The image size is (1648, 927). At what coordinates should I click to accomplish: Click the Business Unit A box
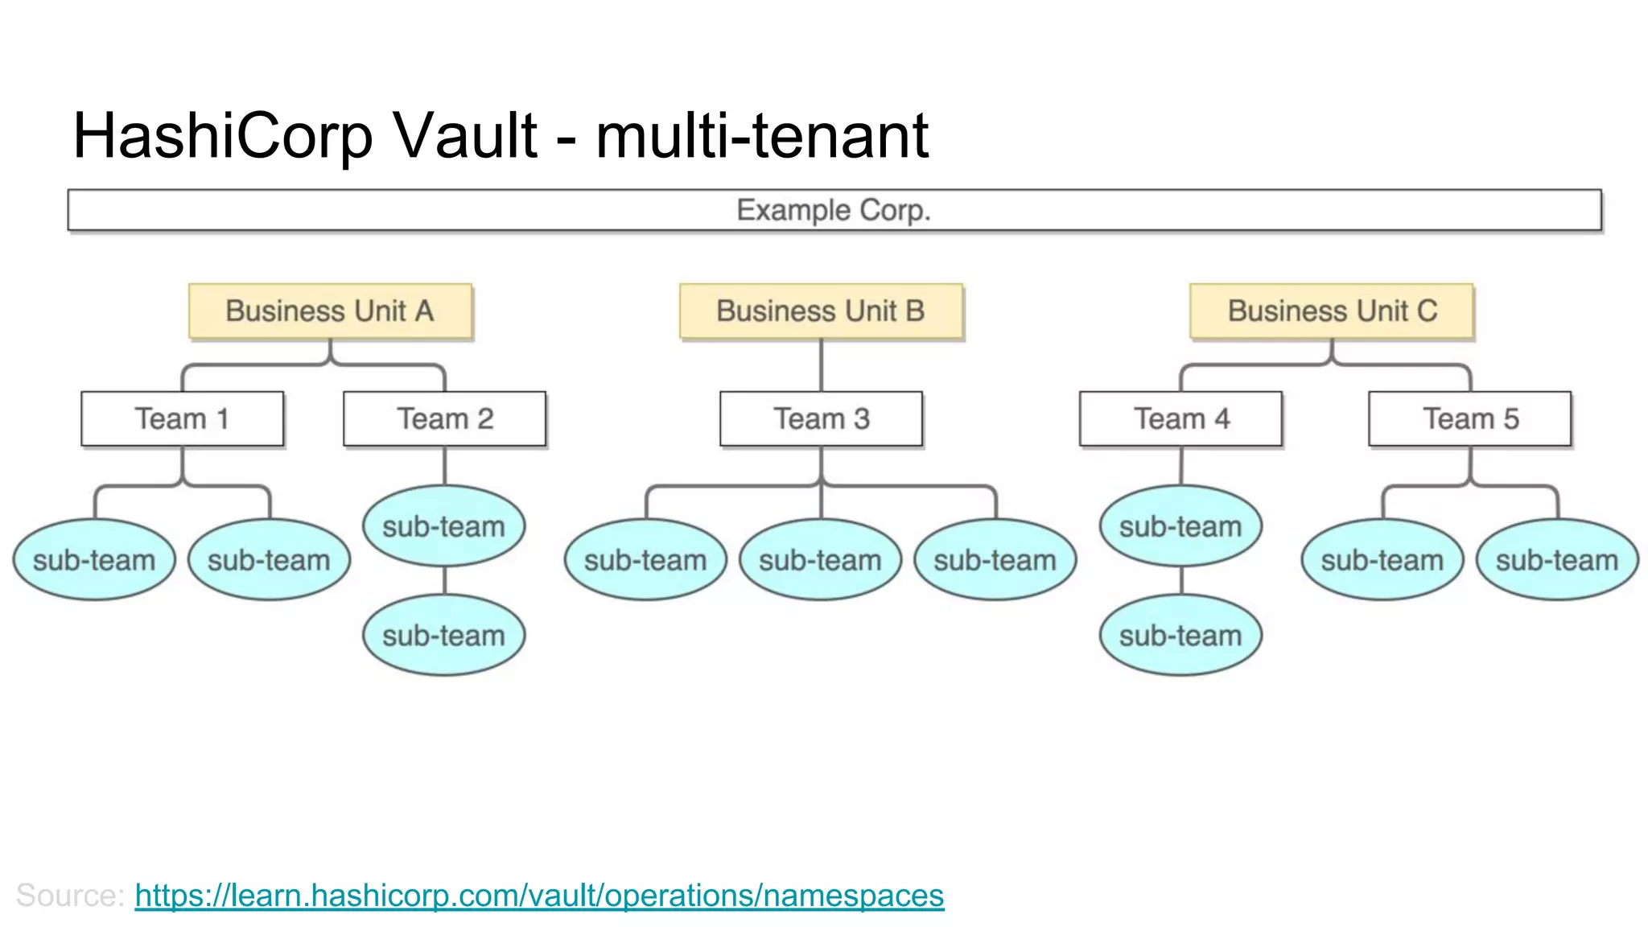330,311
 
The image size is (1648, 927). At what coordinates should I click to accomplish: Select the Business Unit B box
821,311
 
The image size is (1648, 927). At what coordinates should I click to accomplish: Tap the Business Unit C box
1332,311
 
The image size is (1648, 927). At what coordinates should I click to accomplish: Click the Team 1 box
183,418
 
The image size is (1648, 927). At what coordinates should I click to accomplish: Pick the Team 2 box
444,418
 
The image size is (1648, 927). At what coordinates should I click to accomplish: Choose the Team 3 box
821,418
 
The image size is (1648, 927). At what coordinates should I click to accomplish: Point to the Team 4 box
1180,418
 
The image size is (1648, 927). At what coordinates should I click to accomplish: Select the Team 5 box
1470,418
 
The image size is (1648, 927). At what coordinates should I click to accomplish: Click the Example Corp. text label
834,210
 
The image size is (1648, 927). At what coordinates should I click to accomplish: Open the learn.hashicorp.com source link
539,895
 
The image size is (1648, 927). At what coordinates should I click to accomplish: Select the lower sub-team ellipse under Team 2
444,635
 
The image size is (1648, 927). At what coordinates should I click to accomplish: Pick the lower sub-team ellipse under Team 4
1180,635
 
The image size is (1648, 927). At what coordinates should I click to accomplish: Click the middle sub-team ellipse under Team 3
821,560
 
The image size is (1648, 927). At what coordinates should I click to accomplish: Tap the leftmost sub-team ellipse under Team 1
94,560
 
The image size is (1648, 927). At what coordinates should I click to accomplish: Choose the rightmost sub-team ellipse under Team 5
1557,560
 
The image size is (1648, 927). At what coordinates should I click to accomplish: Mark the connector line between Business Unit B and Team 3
821,365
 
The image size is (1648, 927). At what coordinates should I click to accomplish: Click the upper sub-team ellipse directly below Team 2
444,526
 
